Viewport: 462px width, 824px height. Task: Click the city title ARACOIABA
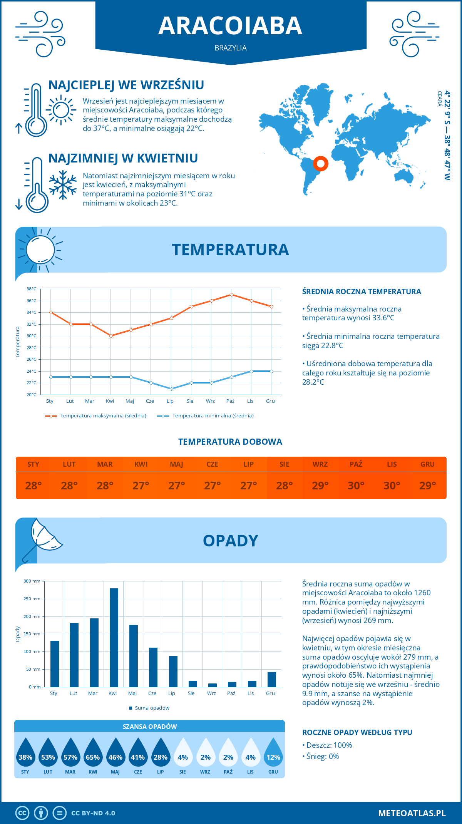[230, 26]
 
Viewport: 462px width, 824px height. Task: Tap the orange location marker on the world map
[320, 163]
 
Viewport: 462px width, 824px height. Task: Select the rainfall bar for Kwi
[114, 637]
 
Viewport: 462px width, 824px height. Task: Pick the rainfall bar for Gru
[272, 679]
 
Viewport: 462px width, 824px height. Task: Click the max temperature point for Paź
[231, 295]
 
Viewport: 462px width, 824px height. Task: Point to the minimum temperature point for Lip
[171, 389]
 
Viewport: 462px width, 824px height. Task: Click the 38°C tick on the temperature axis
[32, 289]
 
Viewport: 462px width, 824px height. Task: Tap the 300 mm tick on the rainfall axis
[32, 581]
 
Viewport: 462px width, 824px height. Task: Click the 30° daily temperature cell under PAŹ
[356, 486]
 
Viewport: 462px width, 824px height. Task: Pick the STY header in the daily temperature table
[33, 464]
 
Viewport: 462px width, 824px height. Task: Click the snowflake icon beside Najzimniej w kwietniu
[63, 185]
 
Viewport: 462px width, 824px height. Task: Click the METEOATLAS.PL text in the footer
[412, 813]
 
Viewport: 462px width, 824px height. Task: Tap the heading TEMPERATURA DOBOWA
[230, 442]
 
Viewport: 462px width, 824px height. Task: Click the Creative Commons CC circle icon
[22, 813]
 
